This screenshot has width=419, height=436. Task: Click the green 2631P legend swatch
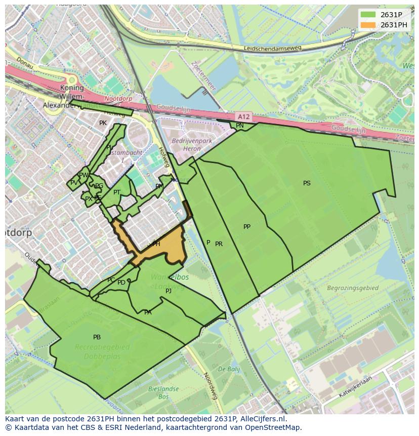368,15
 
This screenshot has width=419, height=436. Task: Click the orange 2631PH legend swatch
368,25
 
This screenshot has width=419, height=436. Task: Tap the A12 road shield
244,117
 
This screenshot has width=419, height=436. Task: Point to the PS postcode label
307,183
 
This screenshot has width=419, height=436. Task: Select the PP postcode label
247,227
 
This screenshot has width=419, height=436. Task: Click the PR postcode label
219,244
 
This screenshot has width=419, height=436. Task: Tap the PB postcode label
97,337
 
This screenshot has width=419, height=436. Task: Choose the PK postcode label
103,123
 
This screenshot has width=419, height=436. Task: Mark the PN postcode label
240,126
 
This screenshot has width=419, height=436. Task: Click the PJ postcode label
169,291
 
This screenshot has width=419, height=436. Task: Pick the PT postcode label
117,192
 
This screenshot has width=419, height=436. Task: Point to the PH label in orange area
156,244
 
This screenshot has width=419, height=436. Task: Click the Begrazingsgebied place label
353,288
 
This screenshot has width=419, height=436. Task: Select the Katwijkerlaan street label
356,389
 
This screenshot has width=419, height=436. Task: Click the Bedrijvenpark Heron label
186,145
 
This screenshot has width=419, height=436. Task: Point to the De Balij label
229,369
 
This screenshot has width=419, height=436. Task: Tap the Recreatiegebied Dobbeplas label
102,351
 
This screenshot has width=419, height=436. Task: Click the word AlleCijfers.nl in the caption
262,419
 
